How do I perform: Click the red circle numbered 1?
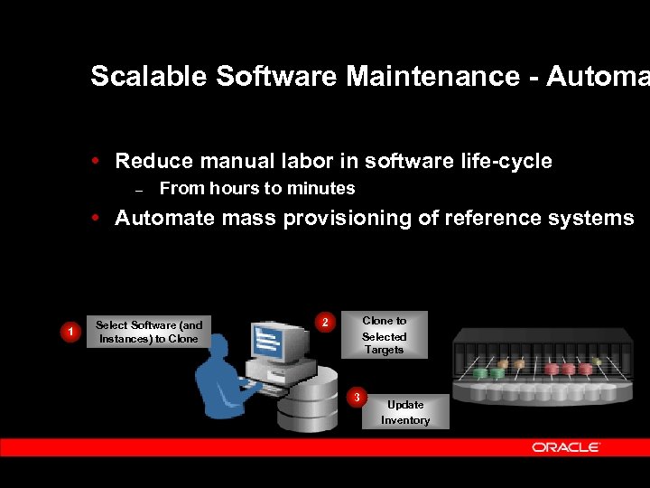click(x=70, y=333)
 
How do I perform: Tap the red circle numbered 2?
click(x=326, y=322)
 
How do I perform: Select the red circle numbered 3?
click(x=357, y=397)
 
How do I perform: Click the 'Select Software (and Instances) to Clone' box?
click(x=149, y=332)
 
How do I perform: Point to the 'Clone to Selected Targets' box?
click(x=384, y=335)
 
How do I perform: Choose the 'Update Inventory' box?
click(x=405, y=412)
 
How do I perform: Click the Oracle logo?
click(x=566, y=447)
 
